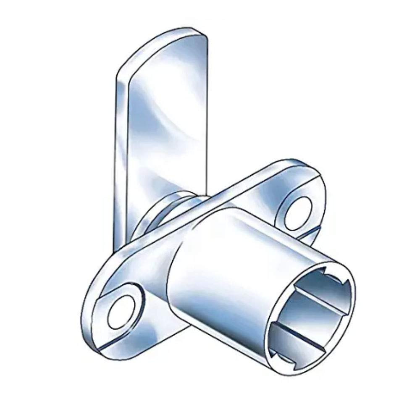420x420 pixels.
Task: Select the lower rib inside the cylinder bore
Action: tap(294, 332)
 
